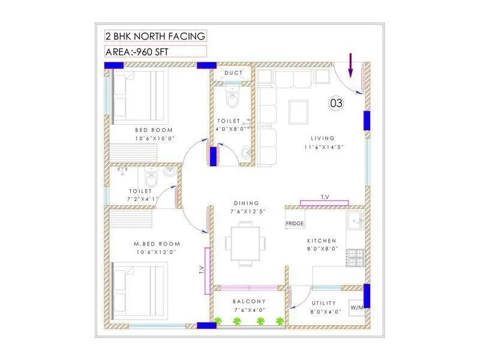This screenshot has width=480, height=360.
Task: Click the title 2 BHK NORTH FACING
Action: (155, 37)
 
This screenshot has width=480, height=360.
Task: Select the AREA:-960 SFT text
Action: (137, 51)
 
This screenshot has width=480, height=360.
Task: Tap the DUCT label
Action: (233, 73)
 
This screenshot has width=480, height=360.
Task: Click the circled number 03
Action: (337, 103)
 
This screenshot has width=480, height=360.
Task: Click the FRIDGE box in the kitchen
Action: (295, 223)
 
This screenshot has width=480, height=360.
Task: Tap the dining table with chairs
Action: (245, 243)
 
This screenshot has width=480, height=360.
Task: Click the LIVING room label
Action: (323, 138)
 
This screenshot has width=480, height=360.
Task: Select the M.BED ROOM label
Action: (157, 244)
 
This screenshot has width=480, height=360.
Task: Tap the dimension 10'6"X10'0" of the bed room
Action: (154, 139)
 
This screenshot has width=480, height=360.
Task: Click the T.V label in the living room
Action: (325, 197)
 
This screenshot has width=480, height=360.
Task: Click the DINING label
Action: (247, 203)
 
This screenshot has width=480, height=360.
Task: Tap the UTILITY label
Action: (325, 303)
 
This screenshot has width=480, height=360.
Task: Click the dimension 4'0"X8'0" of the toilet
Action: (229, 128)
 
